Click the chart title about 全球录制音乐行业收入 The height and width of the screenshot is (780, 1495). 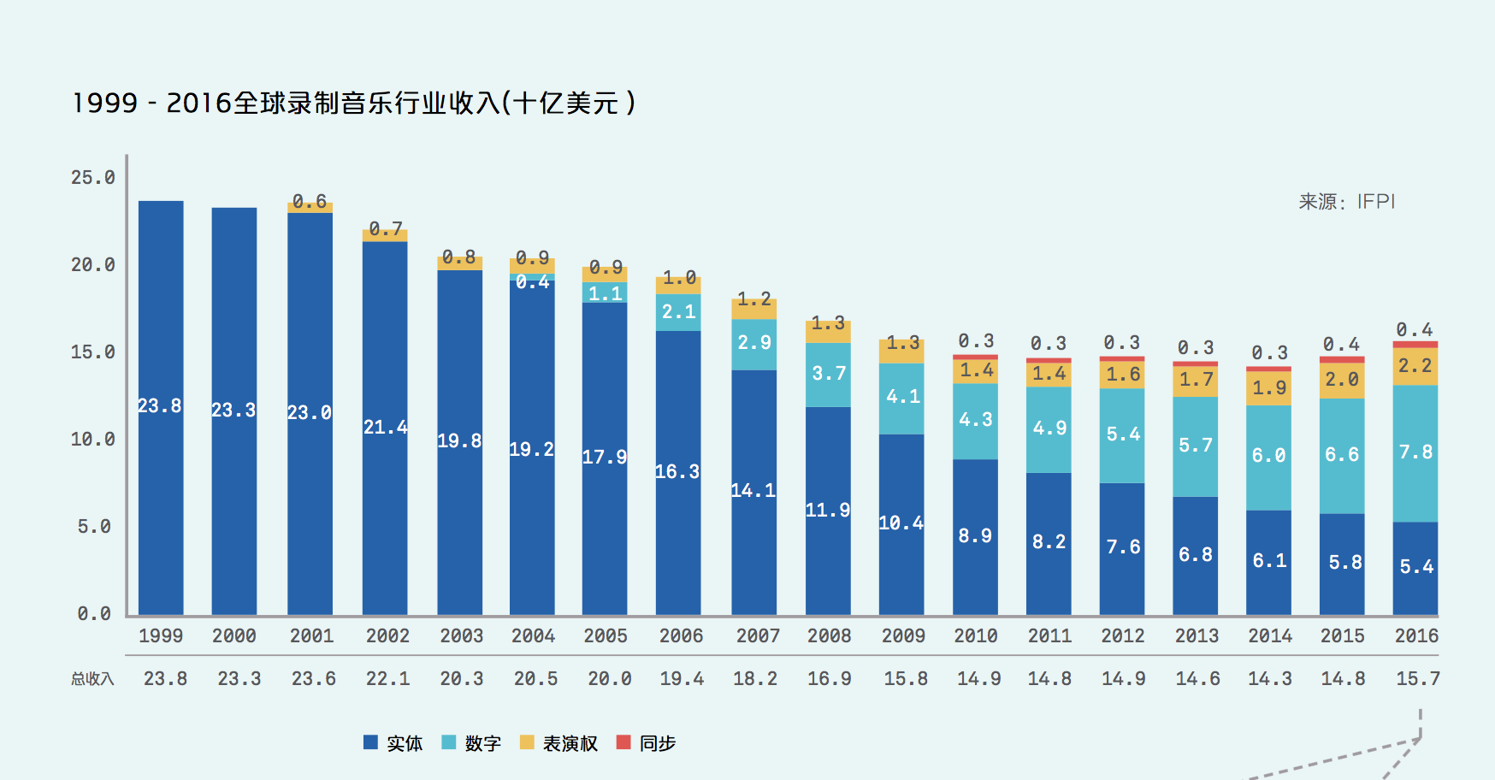pos(354,103)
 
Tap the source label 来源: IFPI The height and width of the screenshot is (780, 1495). pos(1346,202)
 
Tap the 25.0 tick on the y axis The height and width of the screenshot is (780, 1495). pos(92,178)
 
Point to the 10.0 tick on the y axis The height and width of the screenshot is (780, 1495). pos(92,440)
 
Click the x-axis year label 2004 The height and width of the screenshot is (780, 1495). pos(533,636)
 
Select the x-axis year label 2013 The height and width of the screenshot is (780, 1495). pos(1196,636)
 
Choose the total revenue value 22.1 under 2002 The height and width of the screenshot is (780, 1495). pos(387,679)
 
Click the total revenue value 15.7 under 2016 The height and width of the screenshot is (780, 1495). pos(1417,679)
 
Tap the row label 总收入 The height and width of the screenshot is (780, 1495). pos(92,679)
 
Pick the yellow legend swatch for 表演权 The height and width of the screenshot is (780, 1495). pos(527,742)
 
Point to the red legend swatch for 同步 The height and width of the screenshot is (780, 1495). pos(623,742)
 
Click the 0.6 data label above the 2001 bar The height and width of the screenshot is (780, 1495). pos(310,202)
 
